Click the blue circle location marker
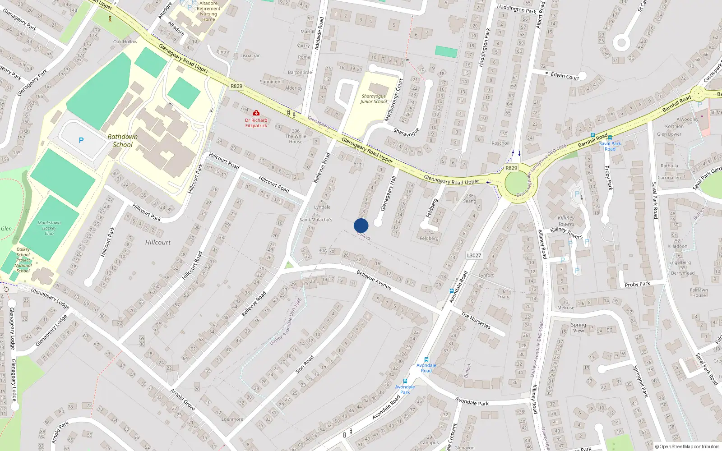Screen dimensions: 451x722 click(x=361, y=225)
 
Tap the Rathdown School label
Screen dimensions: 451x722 click(x=122, y=141)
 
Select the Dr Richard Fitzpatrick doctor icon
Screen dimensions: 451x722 click(x=256, y=113)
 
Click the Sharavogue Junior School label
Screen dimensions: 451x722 click(x=374, y=99)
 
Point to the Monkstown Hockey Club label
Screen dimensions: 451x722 click(x=49, y=228)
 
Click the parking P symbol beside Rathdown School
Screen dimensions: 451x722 click(x=81, y=140)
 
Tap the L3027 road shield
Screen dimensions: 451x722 click(x=474, y=255)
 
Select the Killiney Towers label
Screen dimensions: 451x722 click(x=566, y=221)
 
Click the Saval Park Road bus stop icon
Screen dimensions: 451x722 click(x=610, y=138)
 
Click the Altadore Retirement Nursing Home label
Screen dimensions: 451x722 click(x=208, y=11)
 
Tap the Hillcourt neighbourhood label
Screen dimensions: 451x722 click(x=158, y=242)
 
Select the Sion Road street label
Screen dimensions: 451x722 click(x=304, y=364)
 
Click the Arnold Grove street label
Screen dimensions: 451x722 click(x=183, y=400)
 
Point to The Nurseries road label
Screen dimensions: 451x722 click(x=476, y=320)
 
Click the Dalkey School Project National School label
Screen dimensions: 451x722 click(x=23, y=260)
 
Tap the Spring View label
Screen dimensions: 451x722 click(x=578, y=327)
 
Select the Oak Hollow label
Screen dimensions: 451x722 click(x=125, y=41)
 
